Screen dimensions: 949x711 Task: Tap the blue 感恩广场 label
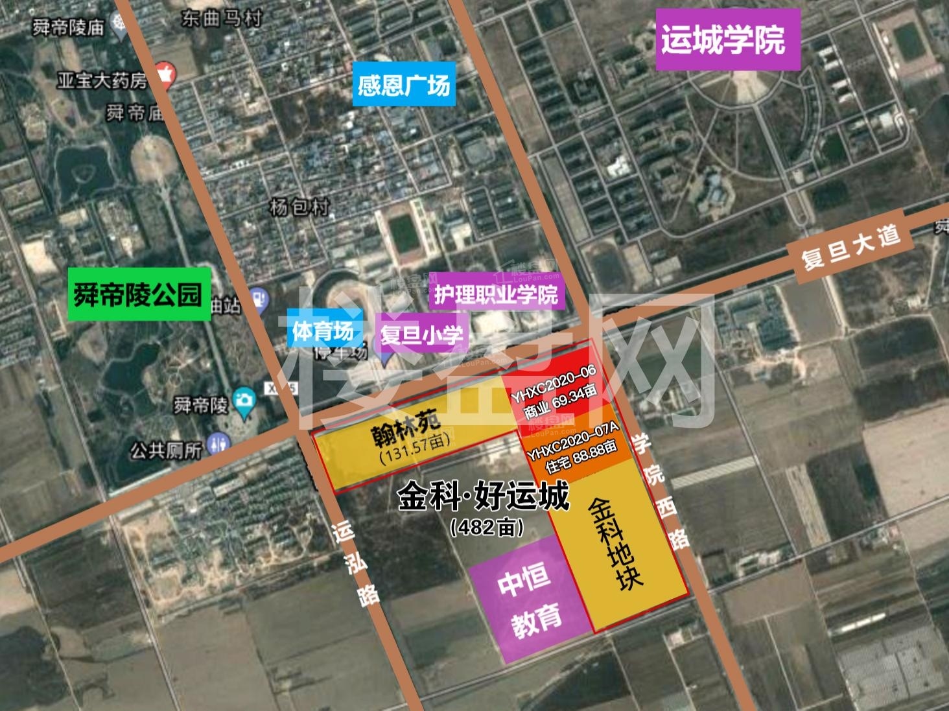[x=403, y=84]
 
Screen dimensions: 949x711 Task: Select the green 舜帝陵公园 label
[x=139, y=295]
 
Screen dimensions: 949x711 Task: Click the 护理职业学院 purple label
[x=496, y=295]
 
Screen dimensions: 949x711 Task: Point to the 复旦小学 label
[x=422, y=334]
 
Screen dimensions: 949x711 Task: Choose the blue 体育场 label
[x=322, y=331]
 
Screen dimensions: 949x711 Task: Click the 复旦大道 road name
[x=850, y=248]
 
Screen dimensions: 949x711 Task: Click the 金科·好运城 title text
[x=484, y=496]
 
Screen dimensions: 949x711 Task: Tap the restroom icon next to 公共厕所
[x=217, y=445]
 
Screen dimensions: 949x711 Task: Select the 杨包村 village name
[x=299, y=207]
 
